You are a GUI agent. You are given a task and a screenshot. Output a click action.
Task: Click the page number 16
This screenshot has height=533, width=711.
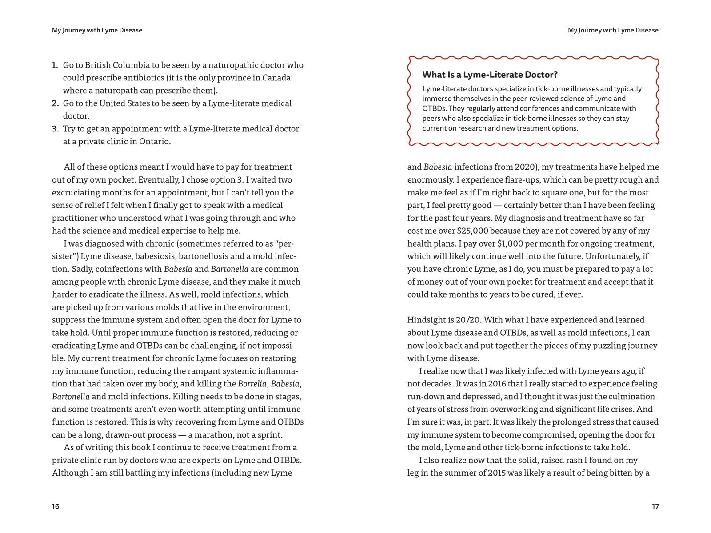coord(56,506)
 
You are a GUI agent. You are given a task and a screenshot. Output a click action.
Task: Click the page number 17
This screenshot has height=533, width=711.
coord(655,506)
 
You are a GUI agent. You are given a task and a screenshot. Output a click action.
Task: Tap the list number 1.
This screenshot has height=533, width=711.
coord(55,65)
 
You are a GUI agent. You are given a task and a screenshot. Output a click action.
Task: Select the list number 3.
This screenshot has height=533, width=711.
coord(55,129)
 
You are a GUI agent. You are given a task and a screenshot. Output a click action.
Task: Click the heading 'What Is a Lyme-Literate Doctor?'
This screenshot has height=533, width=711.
coord(490,75)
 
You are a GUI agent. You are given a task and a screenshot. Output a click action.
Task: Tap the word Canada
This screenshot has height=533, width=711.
coord(276,78)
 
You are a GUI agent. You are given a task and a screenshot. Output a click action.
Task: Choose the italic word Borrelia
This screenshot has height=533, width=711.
coord(252,384)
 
